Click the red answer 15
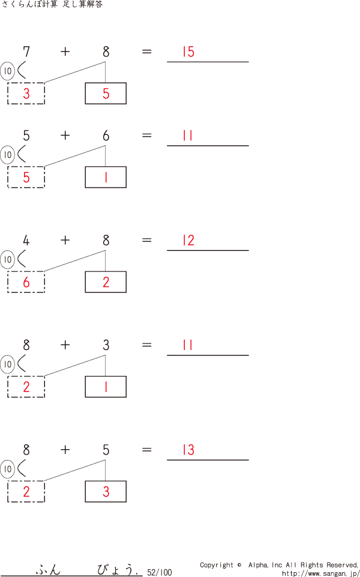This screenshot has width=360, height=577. click(188, 52)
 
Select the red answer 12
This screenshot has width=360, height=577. click(188, 241)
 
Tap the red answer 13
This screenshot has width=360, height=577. click(188, 450)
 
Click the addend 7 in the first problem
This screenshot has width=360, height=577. click(26, 52)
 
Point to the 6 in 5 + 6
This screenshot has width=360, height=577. click(106, 136)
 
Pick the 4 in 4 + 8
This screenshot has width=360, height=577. click(26, 241)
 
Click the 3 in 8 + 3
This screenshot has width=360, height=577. click(106, 345)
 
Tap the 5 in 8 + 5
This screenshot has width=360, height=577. click(106, 450)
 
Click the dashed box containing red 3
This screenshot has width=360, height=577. click(26, 93)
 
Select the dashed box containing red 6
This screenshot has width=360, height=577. click(26, 282)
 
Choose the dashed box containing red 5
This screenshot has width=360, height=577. click(26, 177)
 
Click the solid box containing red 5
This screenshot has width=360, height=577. click(106, 93)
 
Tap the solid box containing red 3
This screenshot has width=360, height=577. click(106, 491)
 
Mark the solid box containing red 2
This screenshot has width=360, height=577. click(106, 282)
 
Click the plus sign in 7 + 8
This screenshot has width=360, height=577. click(65, 52)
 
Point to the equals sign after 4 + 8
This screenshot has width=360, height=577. click(147, 240)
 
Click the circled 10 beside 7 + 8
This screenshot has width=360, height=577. click(8, 71)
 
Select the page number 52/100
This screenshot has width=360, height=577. click(159, 573)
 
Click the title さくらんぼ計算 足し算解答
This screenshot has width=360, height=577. click(52, 5)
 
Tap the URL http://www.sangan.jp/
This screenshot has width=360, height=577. click(320, 573)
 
